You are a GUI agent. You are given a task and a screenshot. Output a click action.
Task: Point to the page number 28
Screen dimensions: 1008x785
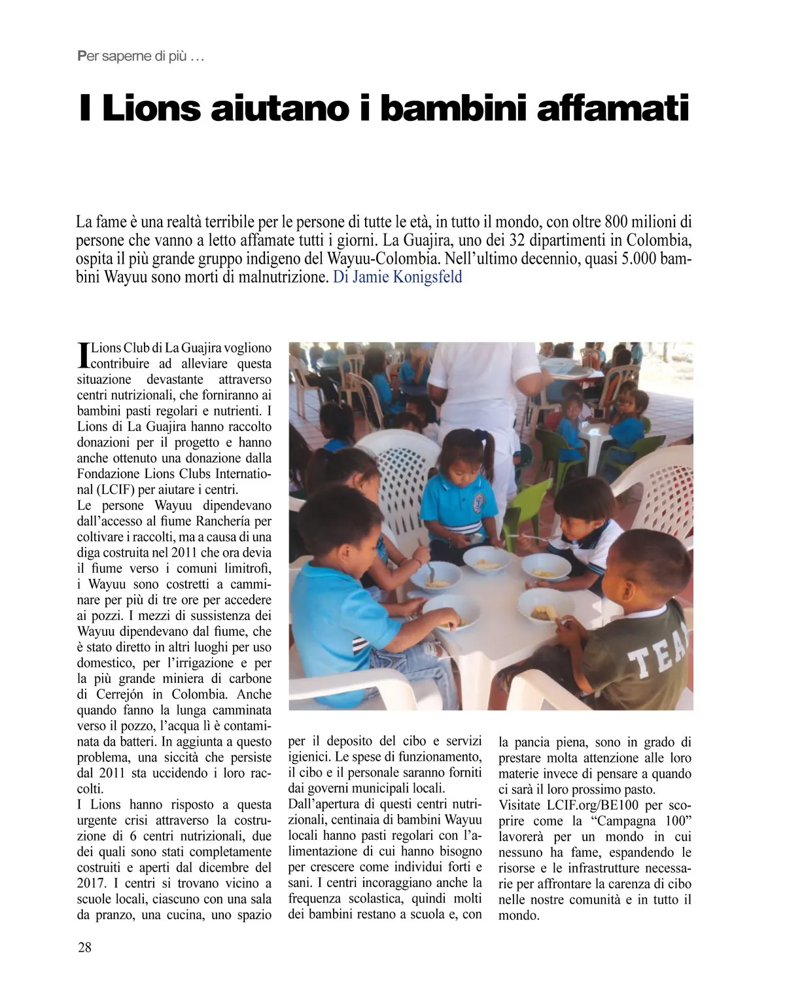coord(85,947)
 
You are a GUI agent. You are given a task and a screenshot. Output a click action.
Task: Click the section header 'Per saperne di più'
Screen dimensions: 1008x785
coord(141,57)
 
